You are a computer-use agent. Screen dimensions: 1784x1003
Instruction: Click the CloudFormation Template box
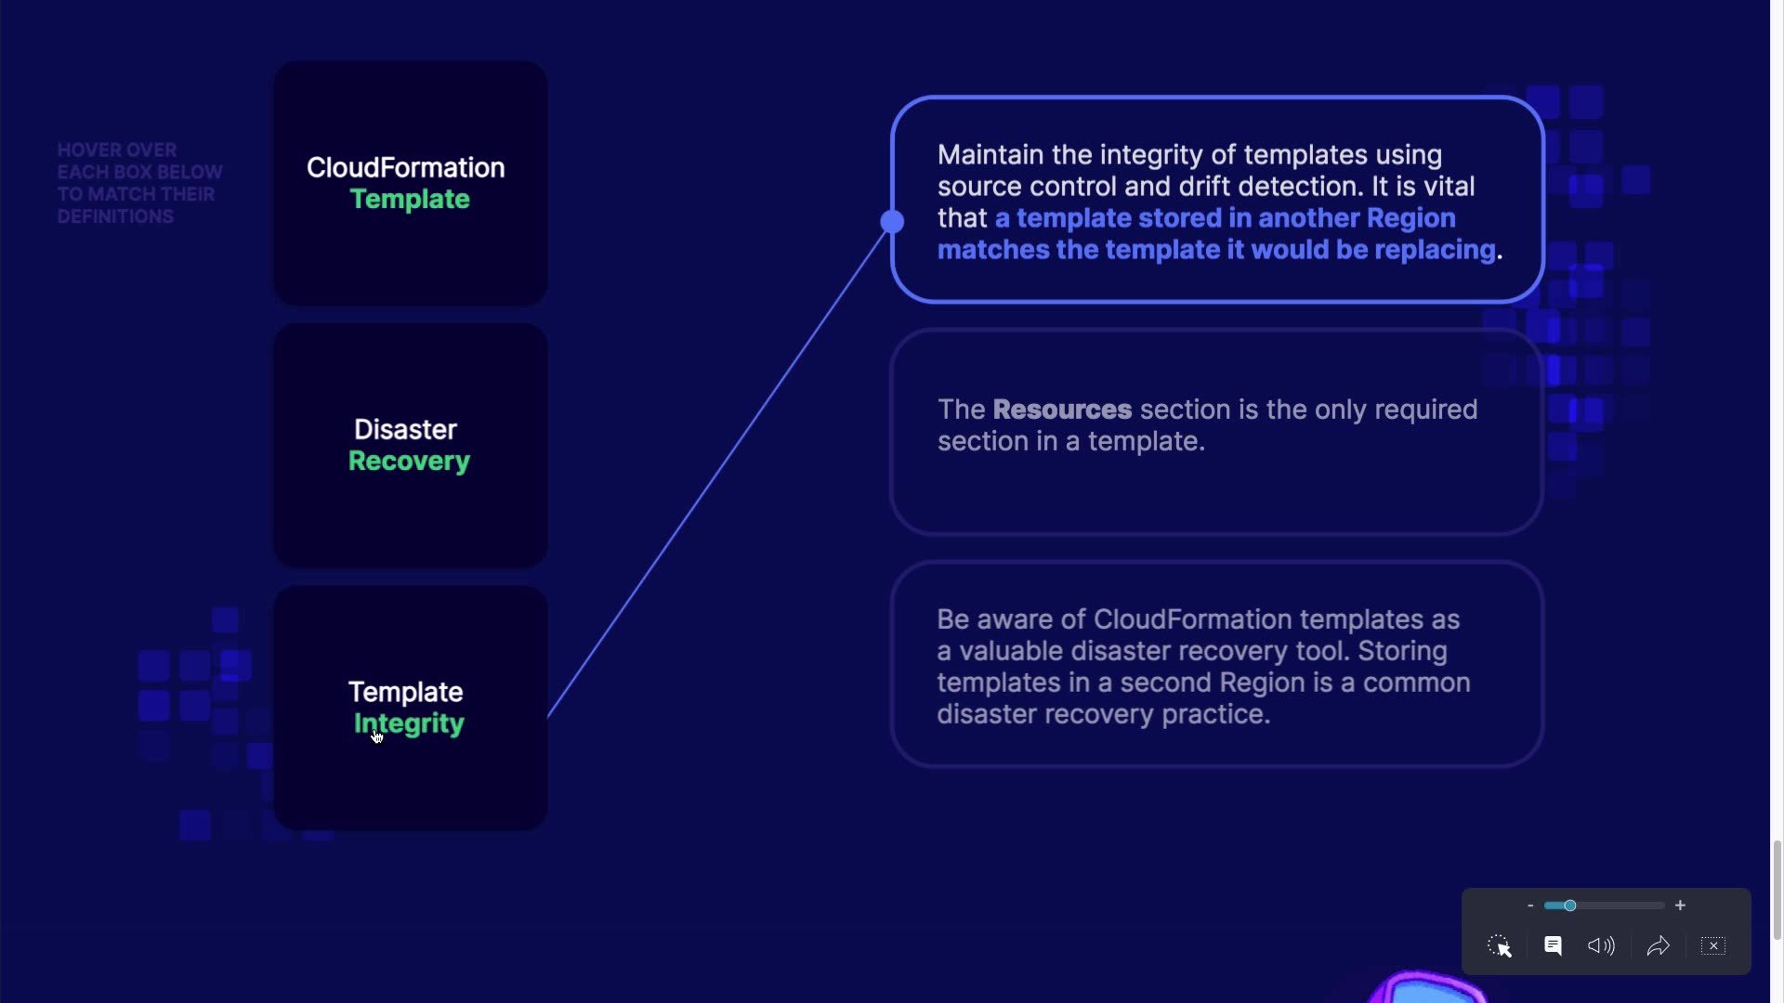tap(410, 183)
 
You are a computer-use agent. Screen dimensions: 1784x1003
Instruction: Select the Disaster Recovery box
tap(410, 446)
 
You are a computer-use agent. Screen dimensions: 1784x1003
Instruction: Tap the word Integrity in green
tap(409, 724)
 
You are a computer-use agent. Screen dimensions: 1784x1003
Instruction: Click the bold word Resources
tap(1062, 410)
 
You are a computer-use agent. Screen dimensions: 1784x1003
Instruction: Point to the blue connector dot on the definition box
tap(892, 221)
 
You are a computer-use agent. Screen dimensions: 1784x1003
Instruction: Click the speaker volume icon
tap(1601, 945)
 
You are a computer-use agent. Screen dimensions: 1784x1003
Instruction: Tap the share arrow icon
tap(1659, 945)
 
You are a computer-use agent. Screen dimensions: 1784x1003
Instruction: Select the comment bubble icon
tap(1553, 945)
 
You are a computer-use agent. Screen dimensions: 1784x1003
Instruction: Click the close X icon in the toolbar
tap(1713, 945)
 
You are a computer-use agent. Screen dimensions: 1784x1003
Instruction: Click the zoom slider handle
tap(1569, 905)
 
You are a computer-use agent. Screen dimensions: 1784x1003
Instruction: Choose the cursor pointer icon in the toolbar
tap(1500, 945)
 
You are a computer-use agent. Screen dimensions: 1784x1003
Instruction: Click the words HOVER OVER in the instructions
tap(117, 150)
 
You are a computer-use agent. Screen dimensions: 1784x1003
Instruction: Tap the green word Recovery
tap(409, 462)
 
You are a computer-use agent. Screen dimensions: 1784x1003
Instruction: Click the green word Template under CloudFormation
tap(410, 200)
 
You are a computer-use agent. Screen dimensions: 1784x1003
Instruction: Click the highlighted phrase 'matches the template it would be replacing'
tap(1216, 250)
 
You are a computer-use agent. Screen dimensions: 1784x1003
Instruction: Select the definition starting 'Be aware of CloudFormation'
tap(1217, 664)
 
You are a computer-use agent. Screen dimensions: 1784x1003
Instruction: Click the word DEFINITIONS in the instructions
tap(115, 216)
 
